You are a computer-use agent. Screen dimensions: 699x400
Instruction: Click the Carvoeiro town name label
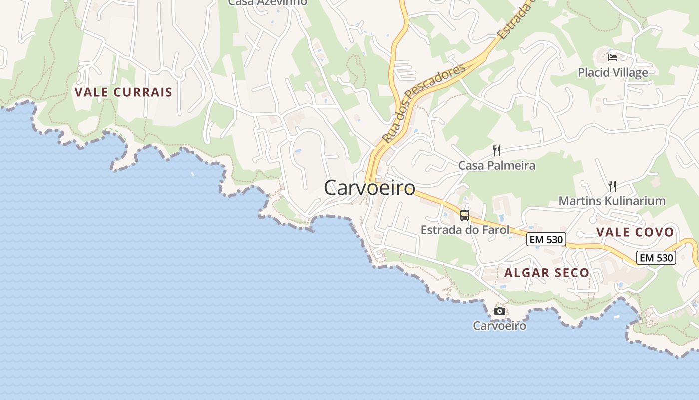click(x=369, y=188)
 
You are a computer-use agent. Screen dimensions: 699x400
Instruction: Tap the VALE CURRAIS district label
click(x=123, y=92)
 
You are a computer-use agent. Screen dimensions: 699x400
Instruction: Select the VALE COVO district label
click(x=635, y=232)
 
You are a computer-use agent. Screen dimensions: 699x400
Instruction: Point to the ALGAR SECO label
click(x=547, y=273)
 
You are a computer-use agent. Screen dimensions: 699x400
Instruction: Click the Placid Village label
click(x=613, y=73)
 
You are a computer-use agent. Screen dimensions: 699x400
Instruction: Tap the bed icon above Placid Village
click(x=613, y=57)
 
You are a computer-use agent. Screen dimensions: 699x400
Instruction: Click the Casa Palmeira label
click(x=497, y=166)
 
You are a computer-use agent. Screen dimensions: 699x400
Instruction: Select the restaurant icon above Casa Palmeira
click(x=497, y=150)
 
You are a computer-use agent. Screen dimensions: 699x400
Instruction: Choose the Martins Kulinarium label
click(x=612, y=201)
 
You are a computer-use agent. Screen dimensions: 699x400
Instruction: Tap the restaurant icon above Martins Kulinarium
click(x=612, y=186)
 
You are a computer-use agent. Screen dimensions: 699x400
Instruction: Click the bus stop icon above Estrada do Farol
click(x=465, y=215)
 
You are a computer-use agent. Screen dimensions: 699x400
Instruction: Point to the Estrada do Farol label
click(x=465, y=230)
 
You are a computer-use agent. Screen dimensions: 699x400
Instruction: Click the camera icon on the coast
click(x=499, y=311)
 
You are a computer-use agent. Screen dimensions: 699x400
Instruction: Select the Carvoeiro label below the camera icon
click(x=499, y=326)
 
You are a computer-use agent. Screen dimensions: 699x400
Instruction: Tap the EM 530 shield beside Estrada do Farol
click(x=546, y=240)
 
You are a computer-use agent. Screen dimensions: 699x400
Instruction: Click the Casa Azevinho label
click(x=268, y=2)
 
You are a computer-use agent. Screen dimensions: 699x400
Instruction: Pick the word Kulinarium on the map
click(x=635, y=201)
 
